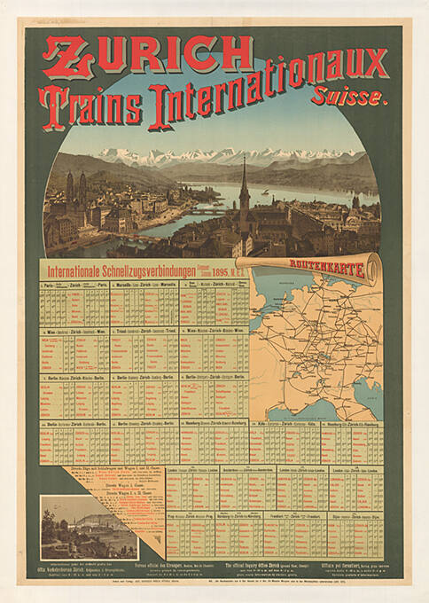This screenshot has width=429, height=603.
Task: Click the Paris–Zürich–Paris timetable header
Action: click(x=74, y=285)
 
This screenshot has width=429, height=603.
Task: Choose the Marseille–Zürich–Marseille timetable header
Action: click(x=144, y=285)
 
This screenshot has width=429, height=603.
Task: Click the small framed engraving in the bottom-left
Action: click(x=89, y=527)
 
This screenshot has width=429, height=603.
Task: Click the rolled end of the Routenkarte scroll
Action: click(x=376, y=269)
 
